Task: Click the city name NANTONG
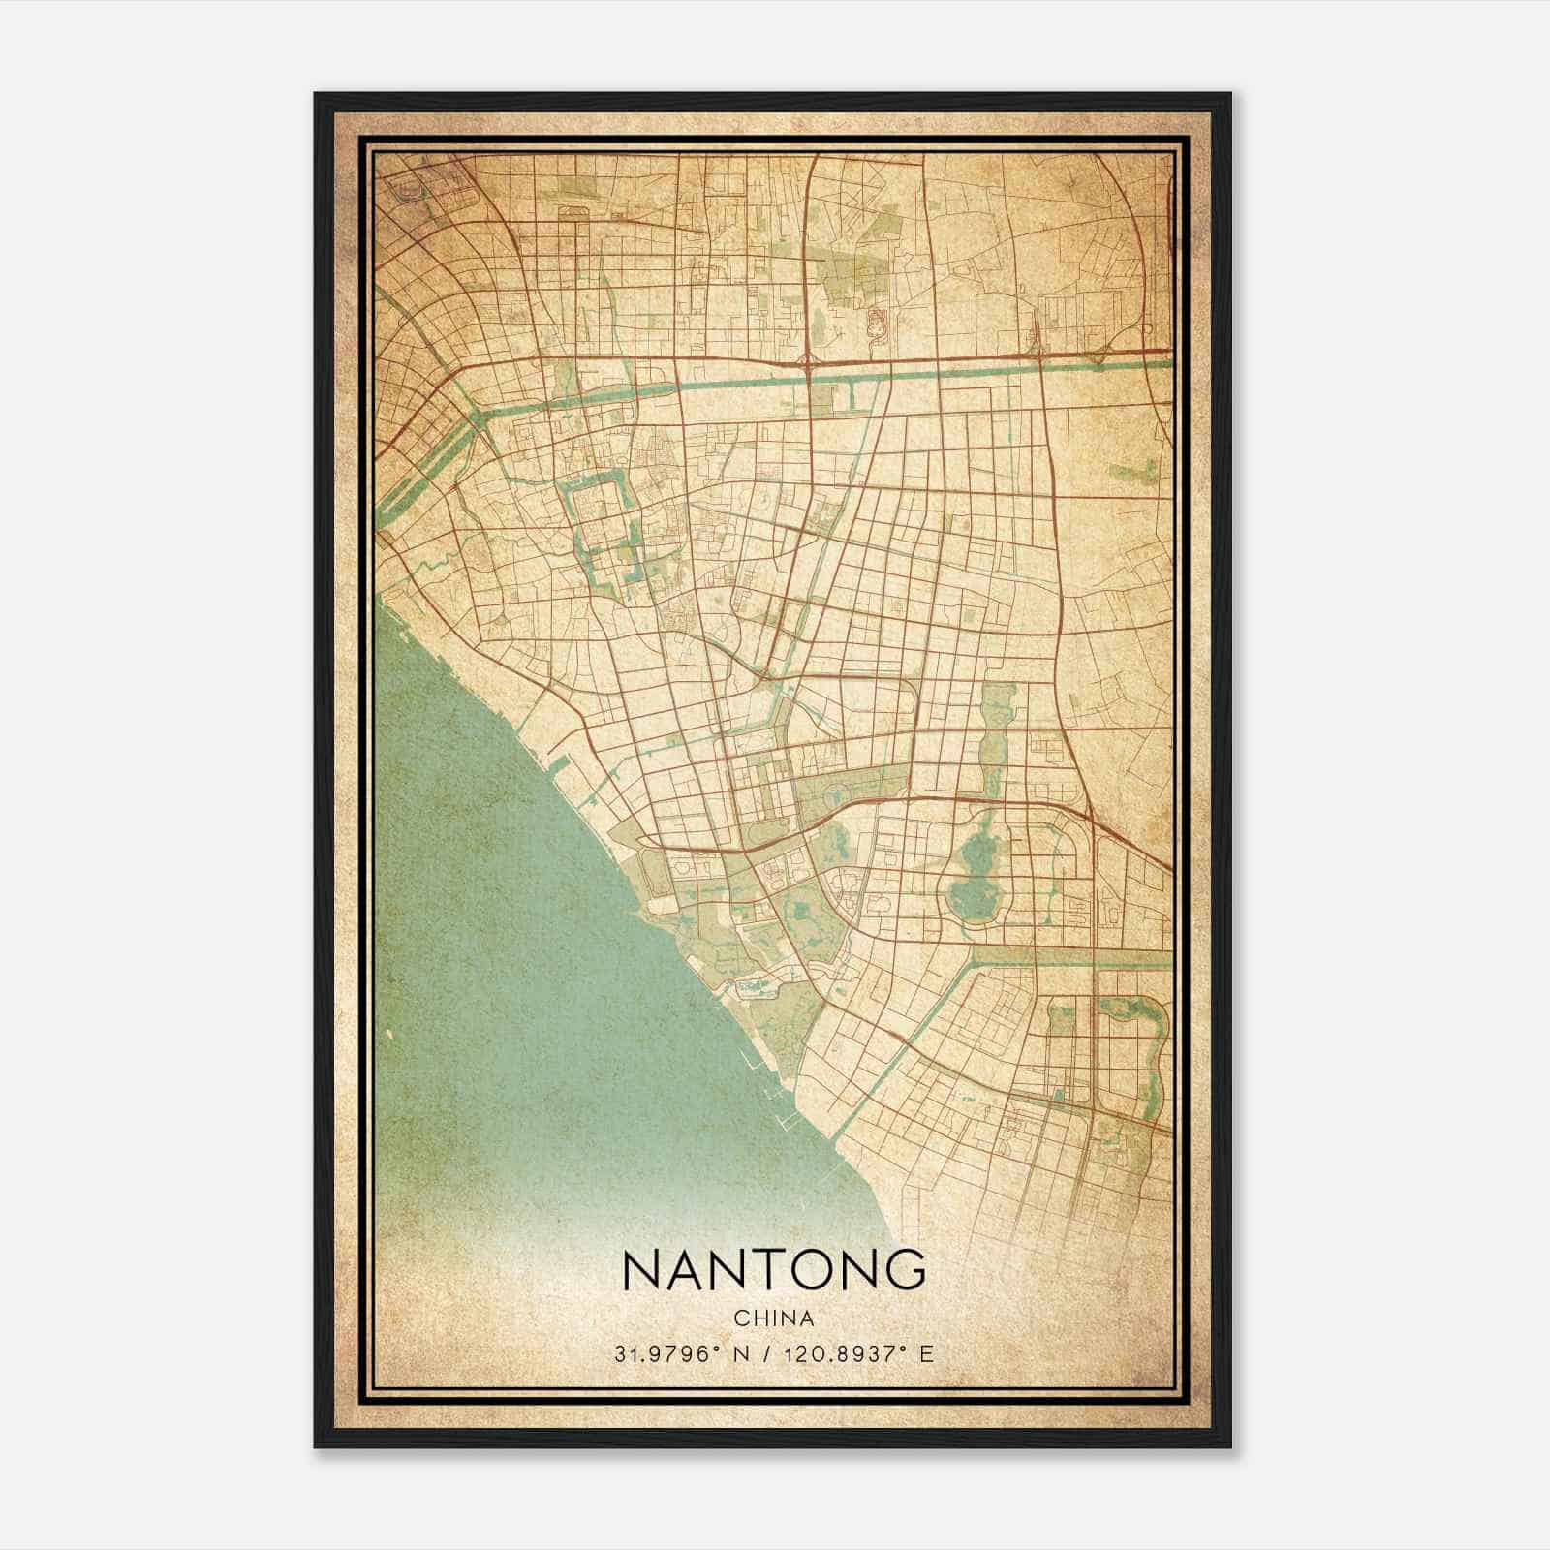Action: (x=773, y=1270)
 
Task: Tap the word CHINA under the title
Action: (x=773, y=1318)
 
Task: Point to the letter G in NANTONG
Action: (x=905, y=1270)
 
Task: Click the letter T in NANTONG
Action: (x=757, y=1270)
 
